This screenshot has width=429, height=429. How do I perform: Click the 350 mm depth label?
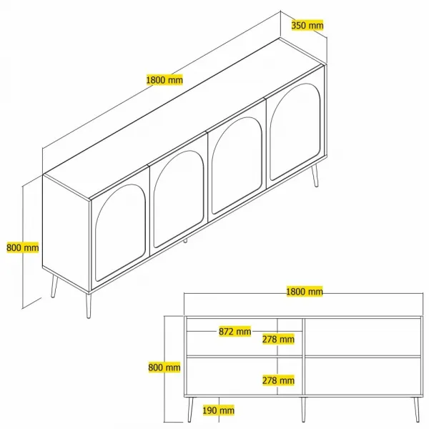[307, 25]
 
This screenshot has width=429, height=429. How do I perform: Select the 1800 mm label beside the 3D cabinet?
[164, 80]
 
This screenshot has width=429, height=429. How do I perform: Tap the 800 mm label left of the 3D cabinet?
[23, 247]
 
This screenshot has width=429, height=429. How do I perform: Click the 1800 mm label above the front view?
[305, 292]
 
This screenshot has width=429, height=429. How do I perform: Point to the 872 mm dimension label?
[235, 332]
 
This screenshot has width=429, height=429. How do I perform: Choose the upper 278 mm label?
[278, 339]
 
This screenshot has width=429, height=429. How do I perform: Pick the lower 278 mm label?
[278, 380]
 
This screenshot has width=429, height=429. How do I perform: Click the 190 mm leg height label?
[218, 410]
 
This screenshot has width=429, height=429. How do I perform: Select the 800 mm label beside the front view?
[164, 368]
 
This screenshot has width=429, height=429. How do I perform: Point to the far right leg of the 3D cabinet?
[315, 175]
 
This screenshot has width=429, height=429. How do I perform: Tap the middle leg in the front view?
[303, 409]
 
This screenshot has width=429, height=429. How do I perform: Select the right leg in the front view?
[417, 409]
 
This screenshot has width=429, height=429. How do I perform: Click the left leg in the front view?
[190, 409]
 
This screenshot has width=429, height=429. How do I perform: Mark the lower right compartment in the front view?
[363, 377]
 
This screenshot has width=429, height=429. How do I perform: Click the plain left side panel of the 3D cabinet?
[66, 232]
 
